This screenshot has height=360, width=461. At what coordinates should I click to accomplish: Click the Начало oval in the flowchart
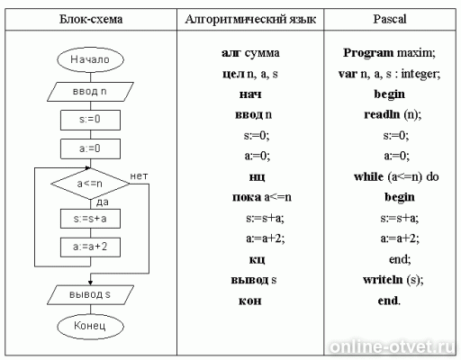pos(90,59)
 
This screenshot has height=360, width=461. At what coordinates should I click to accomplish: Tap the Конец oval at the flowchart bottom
pos(90,326)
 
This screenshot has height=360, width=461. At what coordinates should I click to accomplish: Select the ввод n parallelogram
pos(90,92)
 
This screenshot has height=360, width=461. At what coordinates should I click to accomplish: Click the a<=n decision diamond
pos(90,184)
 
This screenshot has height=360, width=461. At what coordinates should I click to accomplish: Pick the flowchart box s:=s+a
pos(90,219)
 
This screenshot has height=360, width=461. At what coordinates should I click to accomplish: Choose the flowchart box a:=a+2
pos(90,247)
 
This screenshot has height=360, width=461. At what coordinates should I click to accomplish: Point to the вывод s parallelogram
pos(90,294)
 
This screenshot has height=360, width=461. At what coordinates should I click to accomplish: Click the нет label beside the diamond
pos(139,176)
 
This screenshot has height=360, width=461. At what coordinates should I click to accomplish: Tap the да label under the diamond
pos(103,202)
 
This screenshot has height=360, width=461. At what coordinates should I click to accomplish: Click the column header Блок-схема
pos(91,19)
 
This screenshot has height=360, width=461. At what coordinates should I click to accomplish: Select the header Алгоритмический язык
pos(250,19)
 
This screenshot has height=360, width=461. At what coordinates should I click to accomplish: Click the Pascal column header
pos(390,19)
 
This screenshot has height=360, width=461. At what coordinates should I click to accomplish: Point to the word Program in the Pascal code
pos(368,53)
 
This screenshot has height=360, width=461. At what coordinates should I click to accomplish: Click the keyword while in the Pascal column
pos(368,176)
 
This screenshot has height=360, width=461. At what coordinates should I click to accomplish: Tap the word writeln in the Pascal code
pos(383,280)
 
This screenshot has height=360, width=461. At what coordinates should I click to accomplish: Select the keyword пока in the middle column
pos(247,197)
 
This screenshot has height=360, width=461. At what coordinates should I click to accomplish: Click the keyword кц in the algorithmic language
pos(257,259)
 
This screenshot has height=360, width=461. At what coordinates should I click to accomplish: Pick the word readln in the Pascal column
pos(382,114)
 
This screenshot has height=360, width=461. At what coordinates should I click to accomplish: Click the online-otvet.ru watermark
pos(392,347)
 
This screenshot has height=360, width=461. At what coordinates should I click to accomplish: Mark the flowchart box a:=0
pos(90,148)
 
